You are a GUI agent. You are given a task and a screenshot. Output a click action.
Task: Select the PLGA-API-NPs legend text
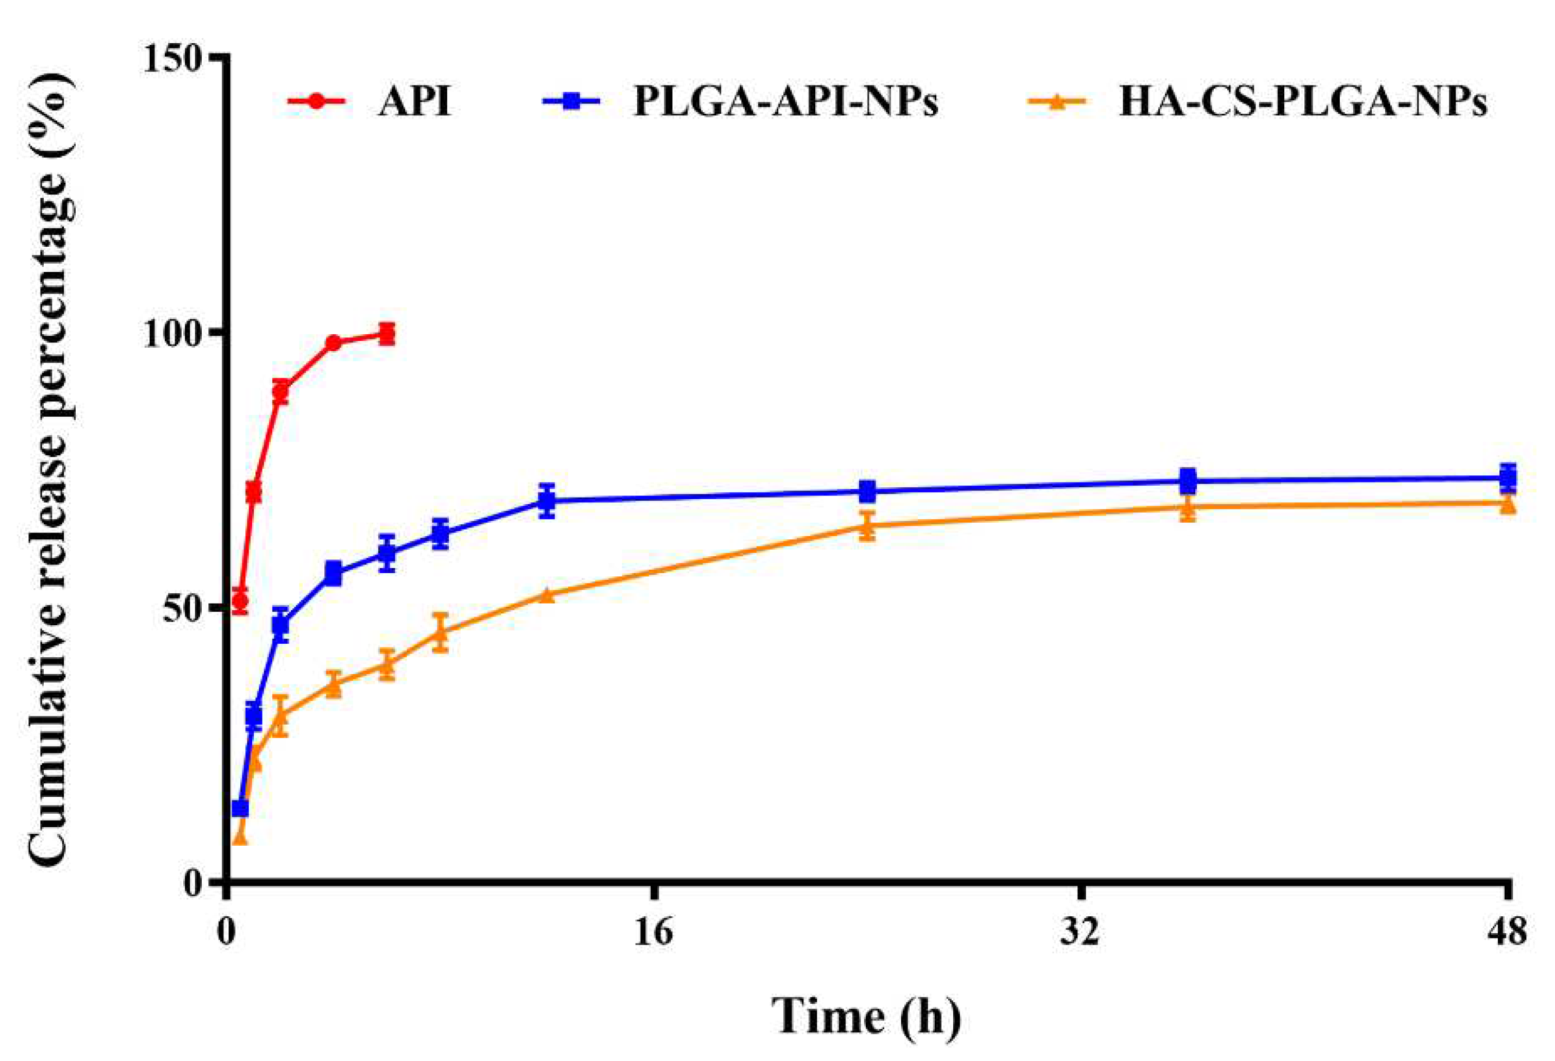785,102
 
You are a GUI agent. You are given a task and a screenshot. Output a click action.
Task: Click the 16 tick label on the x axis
654,932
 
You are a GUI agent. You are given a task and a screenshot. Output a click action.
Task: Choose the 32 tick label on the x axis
1080,932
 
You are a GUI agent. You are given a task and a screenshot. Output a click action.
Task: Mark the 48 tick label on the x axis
1507,932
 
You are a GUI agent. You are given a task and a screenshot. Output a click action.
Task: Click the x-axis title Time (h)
866,1016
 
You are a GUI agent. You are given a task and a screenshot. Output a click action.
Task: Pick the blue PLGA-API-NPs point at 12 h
547,500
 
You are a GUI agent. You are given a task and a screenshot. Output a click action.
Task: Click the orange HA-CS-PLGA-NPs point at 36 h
1187,506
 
